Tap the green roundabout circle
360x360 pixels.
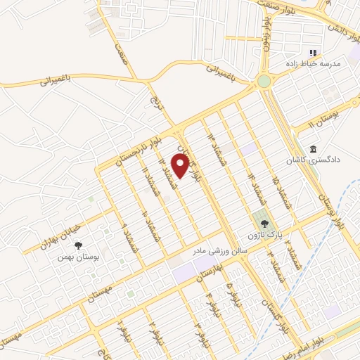point(264,82)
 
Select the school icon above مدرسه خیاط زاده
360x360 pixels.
point(314,53)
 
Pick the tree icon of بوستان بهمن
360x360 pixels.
point(77,245)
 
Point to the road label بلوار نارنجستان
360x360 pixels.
point(127,148)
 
